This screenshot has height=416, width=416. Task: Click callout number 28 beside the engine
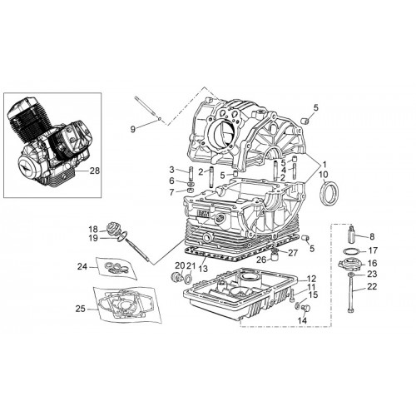click(95, 171)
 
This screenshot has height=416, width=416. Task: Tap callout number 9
click(133, 129)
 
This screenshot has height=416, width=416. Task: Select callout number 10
click(324, 175)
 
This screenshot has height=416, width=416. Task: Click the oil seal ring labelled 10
click(329, 193)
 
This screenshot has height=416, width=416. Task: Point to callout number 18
click(93, 230)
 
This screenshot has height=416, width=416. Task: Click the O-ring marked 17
click(351, 251)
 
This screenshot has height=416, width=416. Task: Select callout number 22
click(372, 286)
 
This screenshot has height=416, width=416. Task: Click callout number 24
click(82, 267)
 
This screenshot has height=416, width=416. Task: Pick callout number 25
click(81, 309)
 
